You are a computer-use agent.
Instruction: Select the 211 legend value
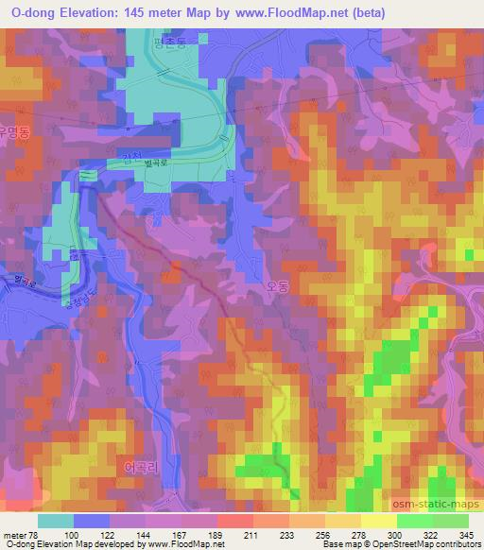pyautogui.click(x=251, y=536)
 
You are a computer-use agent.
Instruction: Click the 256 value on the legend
pyautogui.click(x=323, y=536)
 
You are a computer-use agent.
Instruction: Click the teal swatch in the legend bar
pyautogui.click(x=56, y=521)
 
